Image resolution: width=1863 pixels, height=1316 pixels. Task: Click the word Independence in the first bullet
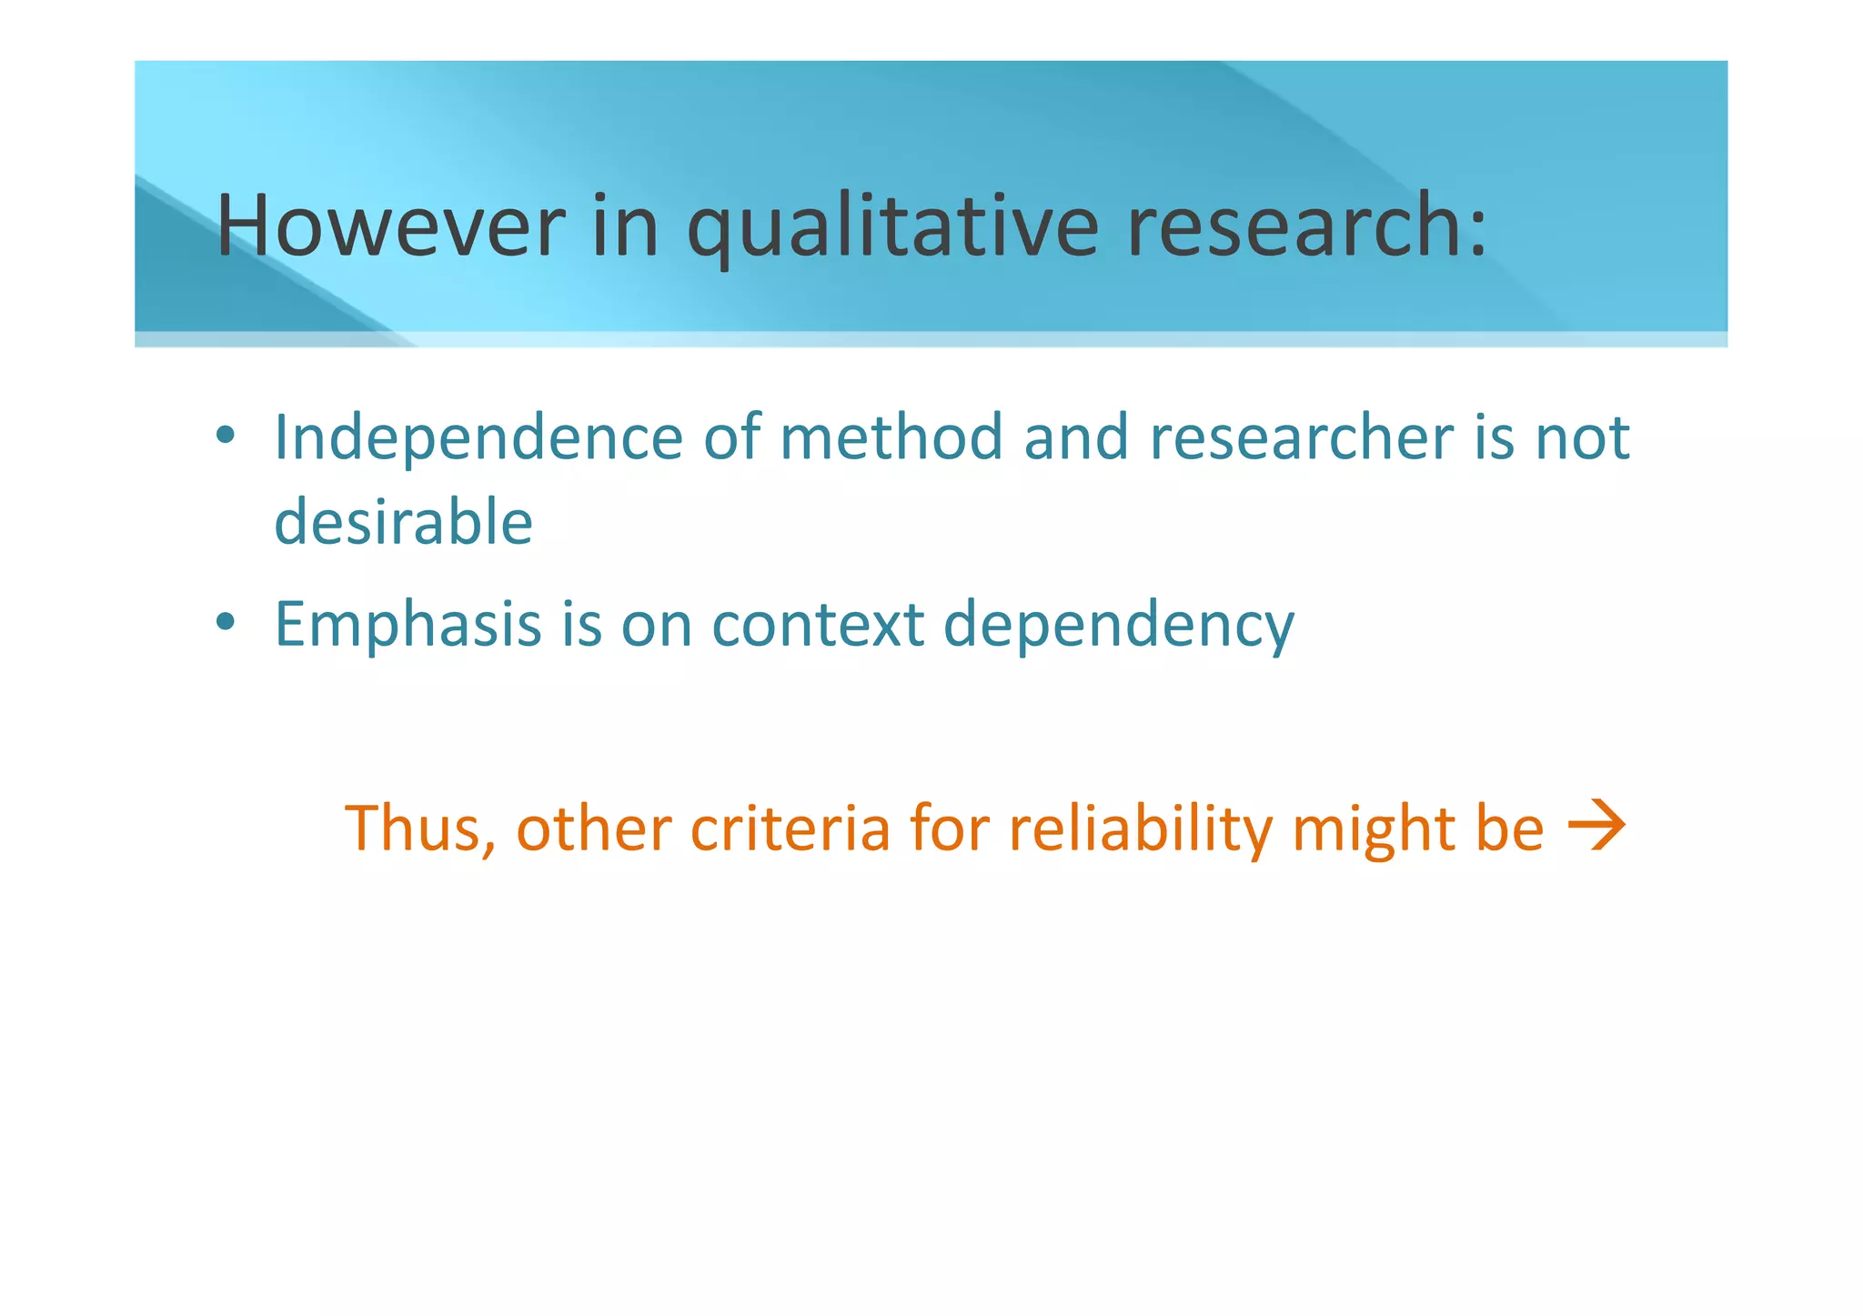[478, 439]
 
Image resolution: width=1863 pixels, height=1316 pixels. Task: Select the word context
[818, 625]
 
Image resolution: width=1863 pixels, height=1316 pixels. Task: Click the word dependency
[1119, 628]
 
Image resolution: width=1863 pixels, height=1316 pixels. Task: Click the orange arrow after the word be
[1597, 826]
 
